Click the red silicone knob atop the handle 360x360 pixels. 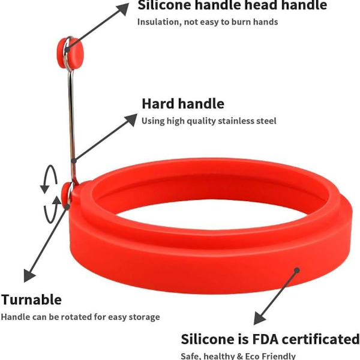70,53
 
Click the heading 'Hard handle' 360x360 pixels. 183,104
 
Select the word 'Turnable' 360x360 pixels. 31,299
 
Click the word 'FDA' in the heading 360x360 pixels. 266,340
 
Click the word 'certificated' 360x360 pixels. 320,340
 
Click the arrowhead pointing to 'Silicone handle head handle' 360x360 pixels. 122,9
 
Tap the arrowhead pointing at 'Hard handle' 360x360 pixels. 131,119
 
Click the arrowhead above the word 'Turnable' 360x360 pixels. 29,275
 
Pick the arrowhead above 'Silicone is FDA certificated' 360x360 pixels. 259,318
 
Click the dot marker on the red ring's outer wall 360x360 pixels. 297,270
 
